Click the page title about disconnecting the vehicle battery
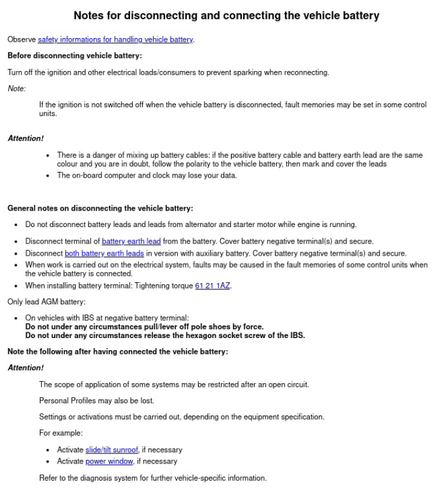(226, 15)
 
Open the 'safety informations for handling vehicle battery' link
(115, 39)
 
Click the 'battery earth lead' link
(131, 241)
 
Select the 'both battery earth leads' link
(104, 253)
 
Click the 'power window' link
(109, 461)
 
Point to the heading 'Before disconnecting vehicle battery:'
(74, 56)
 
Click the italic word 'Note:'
(17, 88)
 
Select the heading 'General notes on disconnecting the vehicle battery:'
(100, 208)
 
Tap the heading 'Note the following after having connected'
(117, 351)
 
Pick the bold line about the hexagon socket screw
(165, 336)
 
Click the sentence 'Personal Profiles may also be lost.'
(96, 401)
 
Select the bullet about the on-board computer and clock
(147, 176)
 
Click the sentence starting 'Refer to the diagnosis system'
(153, 478)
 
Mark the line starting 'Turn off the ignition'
(168, 72)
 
